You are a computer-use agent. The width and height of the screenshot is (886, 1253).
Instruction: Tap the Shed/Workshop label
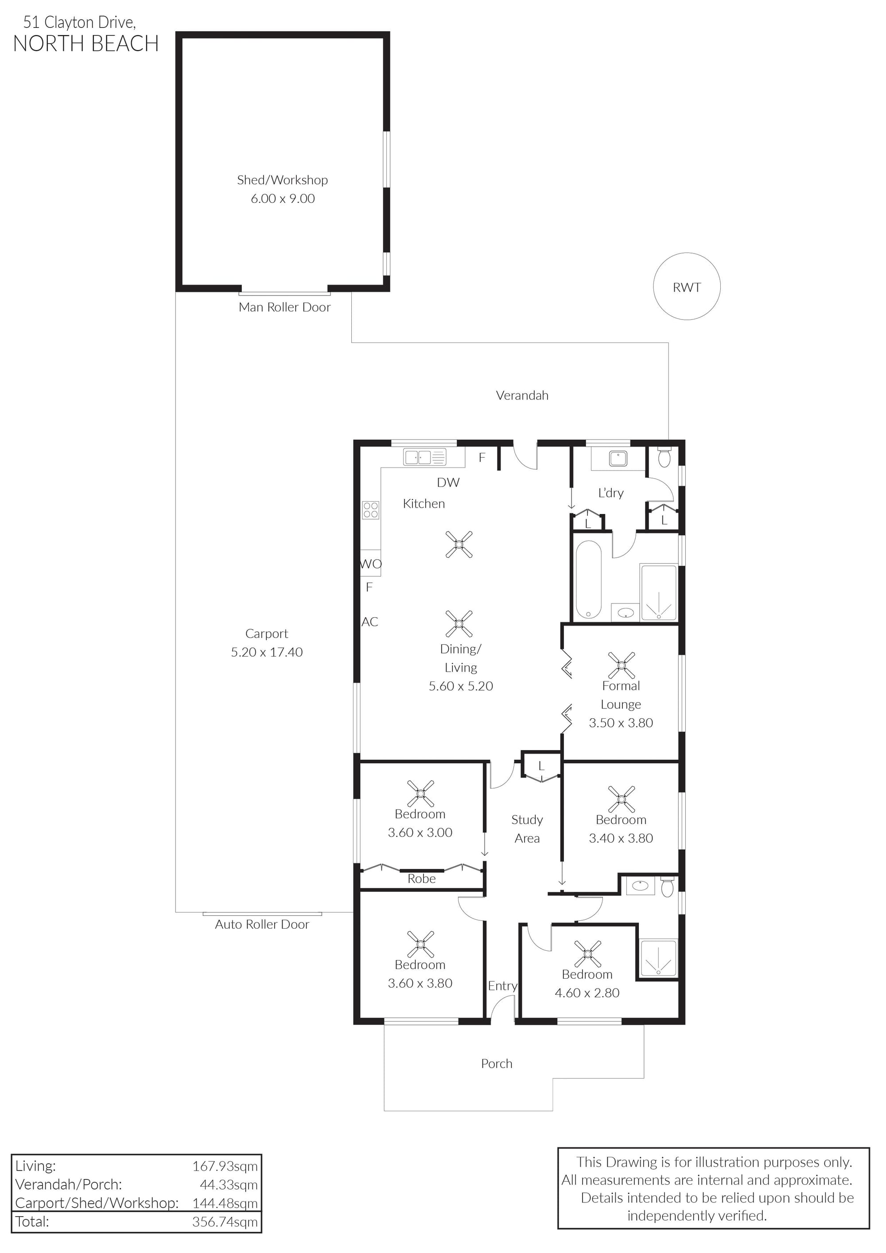pyautogui.click(x=282, y=180)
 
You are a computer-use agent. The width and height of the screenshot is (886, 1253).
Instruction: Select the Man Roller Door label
pyautogui.click(x=284, y=307)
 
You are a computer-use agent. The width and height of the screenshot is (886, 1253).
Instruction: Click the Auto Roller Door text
pyautogui.click(x=262, y=925)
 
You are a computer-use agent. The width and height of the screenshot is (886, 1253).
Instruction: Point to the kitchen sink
pyautogui.click(x=424, y=457)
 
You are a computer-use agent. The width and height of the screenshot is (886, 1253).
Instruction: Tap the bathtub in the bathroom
pyautogui.click(x=588, y=580)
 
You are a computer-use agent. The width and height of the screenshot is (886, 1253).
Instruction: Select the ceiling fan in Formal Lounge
pyautogui.click(x=622, y=665)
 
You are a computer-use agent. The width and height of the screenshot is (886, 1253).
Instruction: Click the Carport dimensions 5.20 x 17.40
pyautogui.click(x=267, y=652)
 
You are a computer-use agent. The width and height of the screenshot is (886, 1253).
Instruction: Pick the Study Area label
pyautogui.click(x=527, y=829)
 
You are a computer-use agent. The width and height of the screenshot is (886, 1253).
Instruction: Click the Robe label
pyautogui.click(x=422, y=879)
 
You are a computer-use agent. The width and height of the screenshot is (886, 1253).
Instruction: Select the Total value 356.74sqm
pyautogui.click(x=225, y=1222)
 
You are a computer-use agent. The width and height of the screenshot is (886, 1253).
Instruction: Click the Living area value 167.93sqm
pyautogui.click(x=225, y=1166)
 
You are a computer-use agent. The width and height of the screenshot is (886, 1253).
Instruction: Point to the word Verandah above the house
pyautogui.click(x=522, y=396)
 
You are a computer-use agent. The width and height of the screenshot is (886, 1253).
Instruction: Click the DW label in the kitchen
pyautogui.click(x=448, y=483)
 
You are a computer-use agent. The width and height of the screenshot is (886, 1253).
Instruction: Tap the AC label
pyautogui.click(x=370, y=622)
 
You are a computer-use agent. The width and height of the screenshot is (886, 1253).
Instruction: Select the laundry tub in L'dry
pyautogui.click(x=618, y=459)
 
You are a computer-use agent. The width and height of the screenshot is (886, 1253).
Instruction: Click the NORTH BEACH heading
pyautogui.click(x=85, y=44)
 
